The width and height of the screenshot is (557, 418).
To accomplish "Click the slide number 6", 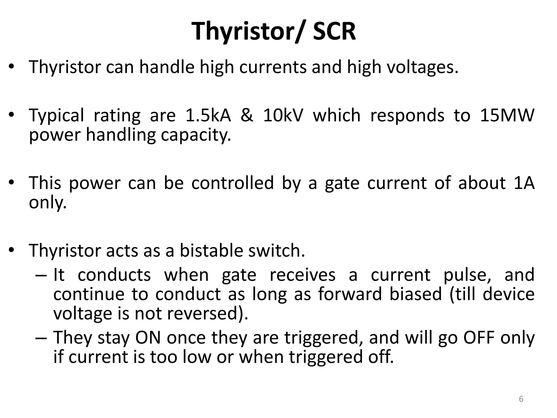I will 521,399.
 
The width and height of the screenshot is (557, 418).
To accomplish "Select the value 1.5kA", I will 208,115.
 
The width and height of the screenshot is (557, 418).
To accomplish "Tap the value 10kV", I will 283,115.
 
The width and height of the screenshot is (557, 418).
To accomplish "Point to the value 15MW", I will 507,115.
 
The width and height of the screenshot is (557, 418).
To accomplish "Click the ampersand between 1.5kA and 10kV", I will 247,115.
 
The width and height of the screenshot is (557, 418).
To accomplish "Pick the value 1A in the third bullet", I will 523,183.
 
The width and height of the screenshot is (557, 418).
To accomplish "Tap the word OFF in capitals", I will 479,338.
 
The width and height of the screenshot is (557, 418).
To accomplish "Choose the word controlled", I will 233,183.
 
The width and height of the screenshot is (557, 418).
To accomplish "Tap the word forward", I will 350,294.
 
